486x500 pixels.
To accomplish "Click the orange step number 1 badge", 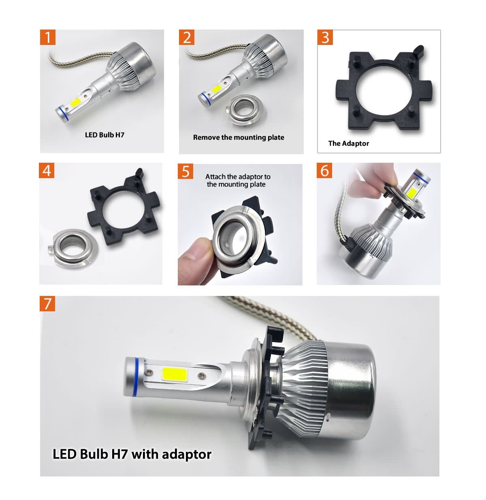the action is point(48,37).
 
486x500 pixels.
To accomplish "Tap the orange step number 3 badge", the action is point(325,37).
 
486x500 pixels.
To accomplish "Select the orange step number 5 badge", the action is point(185,171).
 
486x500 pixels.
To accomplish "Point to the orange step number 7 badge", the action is point(47,304).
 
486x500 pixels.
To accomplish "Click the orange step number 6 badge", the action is point(324,170).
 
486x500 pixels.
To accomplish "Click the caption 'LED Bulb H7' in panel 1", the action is point(104,135).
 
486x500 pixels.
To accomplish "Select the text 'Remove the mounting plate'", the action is point(239,138).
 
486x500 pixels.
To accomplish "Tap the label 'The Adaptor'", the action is point(348,143).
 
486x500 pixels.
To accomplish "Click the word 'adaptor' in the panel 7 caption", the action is point(187,455).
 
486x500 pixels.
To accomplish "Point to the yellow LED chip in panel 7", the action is point(175,374).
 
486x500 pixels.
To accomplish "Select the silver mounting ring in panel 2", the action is point(244,110).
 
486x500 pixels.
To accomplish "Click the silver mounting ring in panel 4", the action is point(73,248).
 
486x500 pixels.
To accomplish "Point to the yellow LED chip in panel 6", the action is point(412,191).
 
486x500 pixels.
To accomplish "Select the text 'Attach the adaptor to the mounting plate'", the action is point(237,181).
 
